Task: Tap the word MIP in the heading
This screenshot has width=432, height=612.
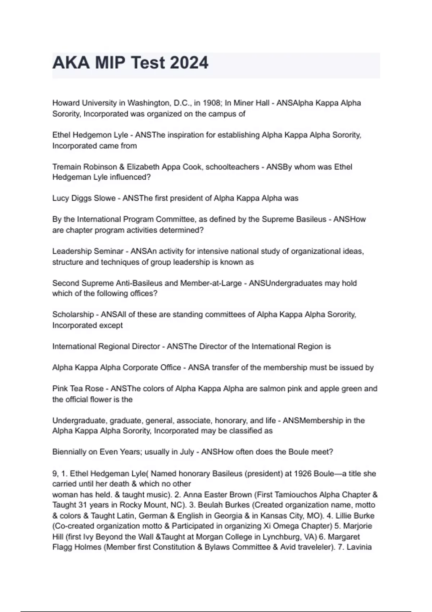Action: pos(110,63)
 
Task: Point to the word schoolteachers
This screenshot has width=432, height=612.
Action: pos(232,167)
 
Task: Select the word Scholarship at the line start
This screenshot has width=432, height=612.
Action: pos(73,315)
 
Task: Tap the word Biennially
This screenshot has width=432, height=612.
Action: pos(69,452)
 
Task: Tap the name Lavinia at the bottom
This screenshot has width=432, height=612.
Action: pos(359,548)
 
